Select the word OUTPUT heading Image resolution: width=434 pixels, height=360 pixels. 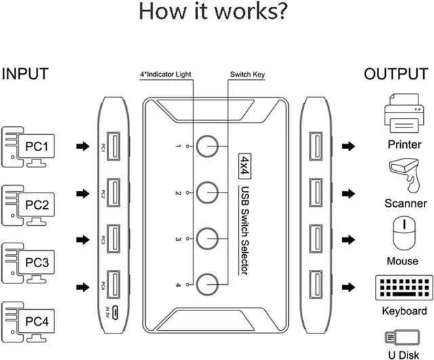pyautogui.click(x=396, y=74)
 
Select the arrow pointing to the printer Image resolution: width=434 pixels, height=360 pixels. pyautogui.click(x=350, y=146)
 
